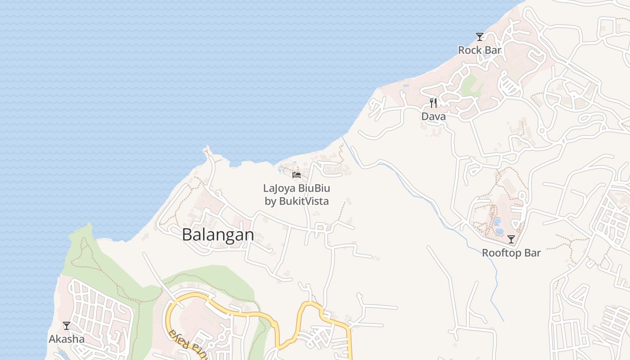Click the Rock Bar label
(x=480, y=50)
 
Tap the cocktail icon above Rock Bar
(x=480, y=36)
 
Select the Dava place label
(x=433, y=117)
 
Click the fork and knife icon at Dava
(x=433, y=103)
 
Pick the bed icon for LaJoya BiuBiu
(x=297, y=175)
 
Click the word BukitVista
(x=304, y=201)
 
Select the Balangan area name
(x=218, y=235)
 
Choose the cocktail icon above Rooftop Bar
(x=511, y=239)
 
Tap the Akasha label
(x=67, y=339)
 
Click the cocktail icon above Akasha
(x=67, y=325)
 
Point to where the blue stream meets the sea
(x=343, y=137)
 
